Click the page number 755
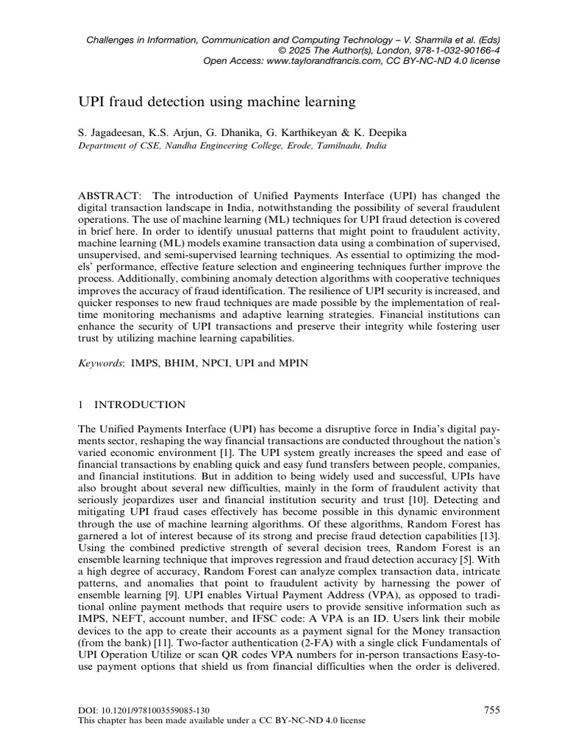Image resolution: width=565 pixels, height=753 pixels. pos(492,710)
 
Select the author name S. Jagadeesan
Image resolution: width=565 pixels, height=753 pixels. pos(108,133)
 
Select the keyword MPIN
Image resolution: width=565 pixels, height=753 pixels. pos(291,363)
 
